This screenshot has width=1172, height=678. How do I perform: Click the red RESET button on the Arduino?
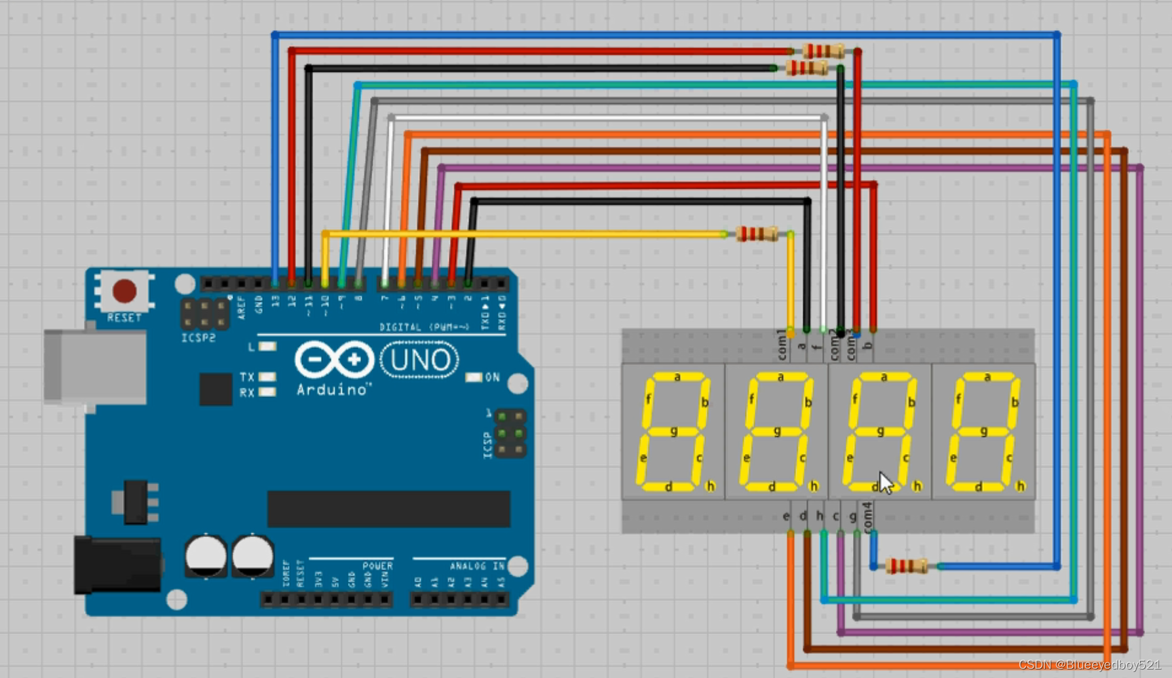point(124,291)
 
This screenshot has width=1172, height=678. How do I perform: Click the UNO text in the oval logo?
point(419,360)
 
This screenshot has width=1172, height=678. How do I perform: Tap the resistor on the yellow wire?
point(757,234)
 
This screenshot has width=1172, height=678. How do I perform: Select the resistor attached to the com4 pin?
point(907,566)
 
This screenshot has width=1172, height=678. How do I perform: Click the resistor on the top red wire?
point(823,51)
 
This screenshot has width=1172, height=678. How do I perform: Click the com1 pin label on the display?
point(782,345)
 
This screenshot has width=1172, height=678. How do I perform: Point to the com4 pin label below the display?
point(867,517)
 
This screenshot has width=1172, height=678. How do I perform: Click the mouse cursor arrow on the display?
point(885,483)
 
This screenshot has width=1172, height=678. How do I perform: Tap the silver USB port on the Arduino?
point(95,366)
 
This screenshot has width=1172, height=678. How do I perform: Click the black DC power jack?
point(117,565)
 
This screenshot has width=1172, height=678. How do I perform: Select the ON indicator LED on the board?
point(473,377)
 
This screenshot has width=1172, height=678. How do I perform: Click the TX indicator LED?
point(267,377)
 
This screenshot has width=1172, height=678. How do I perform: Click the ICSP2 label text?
point(198,338)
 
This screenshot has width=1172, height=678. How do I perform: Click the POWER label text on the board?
point(377,566)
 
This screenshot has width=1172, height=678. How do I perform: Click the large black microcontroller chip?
point(388,509)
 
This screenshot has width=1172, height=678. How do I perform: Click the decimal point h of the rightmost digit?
point(1020,486)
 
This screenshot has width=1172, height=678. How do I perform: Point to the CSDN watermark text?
point(1089,665)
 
